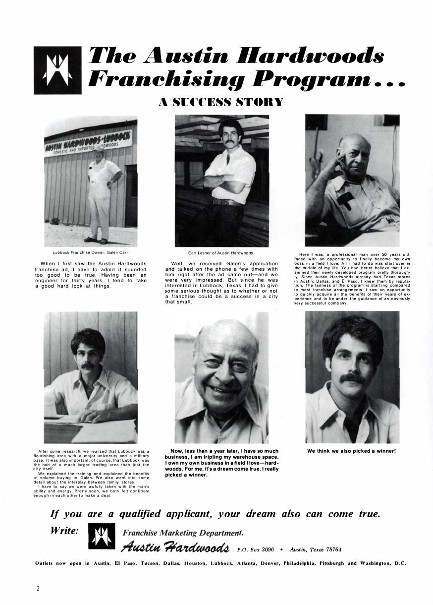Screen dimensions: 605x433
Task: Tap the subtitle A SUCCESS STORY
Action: point(220,102)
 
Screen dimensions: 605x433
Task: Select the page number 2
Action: point(38,589)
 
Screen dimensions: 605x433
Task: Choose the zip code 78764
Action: point(331,549)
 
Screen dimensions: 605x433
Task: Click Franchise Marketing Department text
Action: point(182,533)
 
